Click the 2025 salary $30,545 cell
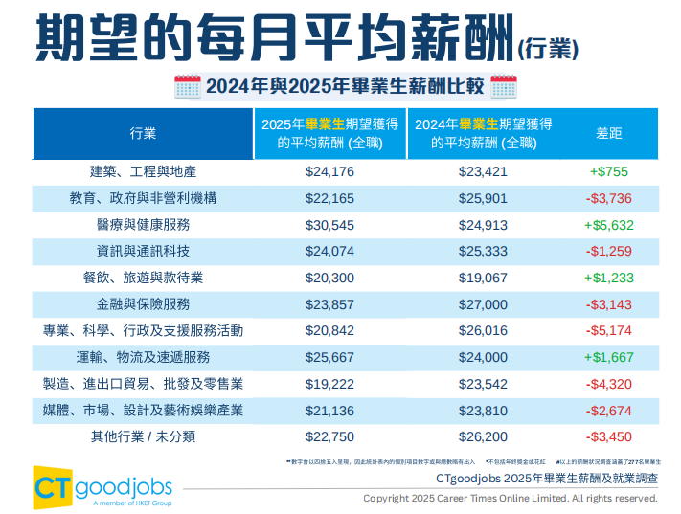point(329,225)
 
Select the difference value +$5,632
point(608,225)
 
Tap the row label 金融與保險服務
point(144,304)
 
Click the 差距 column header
point(608,133)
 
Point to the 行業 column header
point(144,133)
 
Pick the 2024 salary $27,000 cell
point(484,304)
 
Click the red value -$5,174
point(608,330)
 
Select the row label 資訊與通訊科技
point(144,252)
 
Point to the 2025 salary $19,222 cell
point(329,384)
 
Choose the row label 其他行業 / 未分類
point(144,436)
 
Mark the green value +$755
point(608,172)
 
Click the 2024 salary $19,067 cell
point(484,278)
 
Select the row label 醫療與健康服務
point(144,225)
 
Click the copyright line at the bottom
point(510,499)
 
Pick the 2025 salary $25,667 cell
point(329,357)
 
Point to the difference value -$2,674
point(608,410)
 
